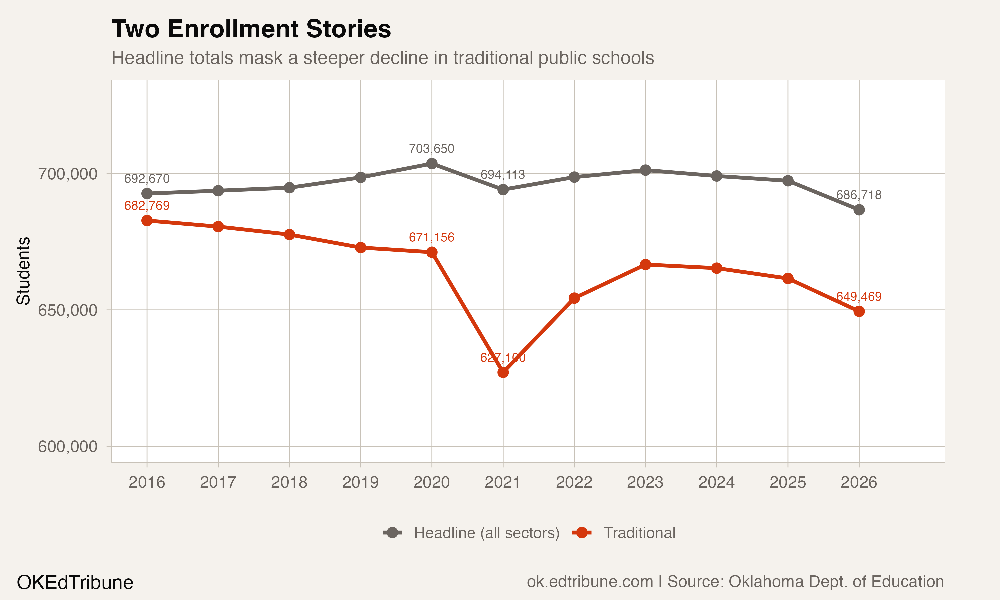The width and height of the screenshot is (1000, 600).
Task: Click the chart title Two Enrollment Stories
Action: [251, 29]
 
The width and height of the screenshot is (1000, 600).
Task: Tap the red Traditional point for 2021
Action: [503, 372]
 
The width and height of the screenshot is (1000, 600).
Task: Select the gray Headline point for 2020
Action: [432, 163]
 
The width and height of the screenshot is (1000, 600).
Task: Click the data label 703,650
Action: [432, 149]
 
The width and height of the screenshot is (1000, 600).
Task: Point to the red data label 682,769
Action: [147, 206]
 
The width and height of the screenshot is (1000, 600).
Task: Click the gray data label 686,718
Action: [859, 195]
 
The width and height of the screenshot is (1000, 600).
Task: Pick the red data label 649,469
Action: [859, 297]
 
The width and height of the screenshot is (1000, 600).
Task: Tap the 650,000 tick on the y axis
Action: [68, 310]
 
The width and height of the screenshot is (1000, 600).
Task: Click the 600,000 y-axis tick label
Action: [68, 447]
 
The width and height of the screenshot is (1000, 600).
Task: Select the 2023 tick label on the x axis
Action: [645, 482]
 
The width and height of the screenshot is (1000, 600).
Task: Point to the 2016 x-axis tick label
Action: [147, 482]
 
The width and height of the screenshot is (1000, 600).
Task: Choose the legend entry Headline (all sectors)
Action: [486, 533]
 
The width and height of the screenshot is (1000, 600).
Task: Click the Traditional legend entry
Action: [639, 533]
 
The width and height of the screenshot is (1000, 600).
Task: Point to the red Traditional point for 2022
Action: [574, 298]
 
